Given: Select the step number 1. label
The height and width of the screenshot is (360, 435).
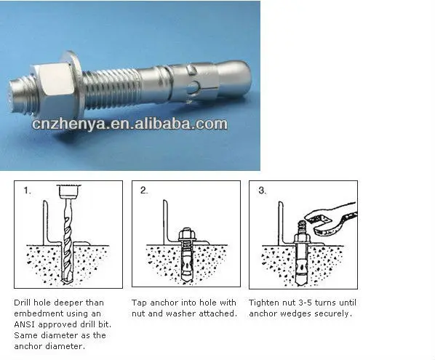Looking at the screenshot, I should pos(27,191).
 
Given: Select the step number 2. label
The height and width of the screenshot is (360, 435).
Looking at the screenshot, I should pos(144,191).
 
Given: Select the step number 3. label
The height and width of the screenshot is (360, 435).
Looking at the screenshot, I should pos(261,191).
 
